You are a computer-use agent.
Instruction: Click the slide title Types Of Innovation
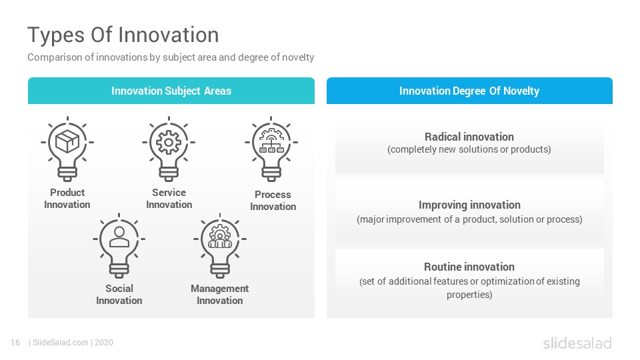pos(123,35)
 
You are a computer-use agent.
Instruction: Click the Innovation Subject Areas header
pos(171,91)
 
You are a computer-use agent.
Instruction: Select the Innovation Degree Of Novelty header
pos(469,91)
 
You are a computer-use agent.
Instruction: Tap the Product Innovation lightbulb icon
pos(67,149)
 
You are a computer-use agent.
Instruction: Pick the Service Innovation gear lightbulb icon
pos(169,149)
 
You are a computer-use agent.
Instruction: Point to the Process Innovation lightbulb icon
pos(271,149)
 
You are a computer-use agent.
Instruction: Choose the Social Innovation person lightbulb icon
pos(119,245)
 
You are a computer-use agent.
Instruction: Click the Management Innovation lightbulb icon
pos(220,245)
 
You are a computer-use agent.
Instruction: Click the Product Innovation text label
pos(67,199)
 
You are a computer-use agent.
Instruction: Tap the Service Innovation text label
pos(169,199)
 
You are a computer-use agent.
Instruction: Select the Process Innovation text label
pos(273,201)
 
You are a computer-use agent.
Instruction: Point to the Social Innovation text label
pos(119,294)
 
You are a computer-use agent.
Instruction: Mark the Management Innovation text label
pos(219,294)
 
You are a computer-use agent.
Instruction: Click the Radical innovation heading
pos(469,137)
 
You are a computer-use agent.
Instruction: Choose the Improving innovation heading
pos(469,205)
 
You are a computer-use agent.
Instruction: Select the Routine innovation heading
pos(469,267)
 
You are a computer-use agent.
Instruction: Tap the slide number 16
pos(15,343)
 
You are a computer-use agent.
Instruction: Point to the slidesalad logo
pos(577,343)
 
